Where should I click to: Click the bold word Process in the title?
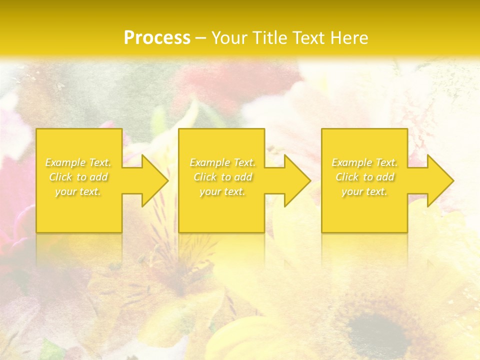[157, 38]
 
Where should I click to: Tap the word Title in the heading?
[268, 38]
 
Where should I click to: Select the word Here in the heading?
[349, 38]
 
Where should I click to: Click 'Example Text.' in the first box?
[78, 162]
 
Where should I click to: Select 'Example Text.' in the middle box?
[222, 162]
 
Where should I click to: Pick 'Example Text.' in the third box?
[364, 162]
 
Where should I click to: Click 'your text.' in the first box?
[78, 191]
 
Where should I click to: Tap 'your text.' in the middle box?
[222, 191]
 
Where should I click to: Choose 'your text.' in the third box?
[364, 191]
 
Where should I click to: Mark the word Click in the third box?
[347, 177]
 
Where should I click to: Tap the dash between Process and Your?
[200, 38]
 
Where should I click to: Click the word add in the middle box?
[242, 177]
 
